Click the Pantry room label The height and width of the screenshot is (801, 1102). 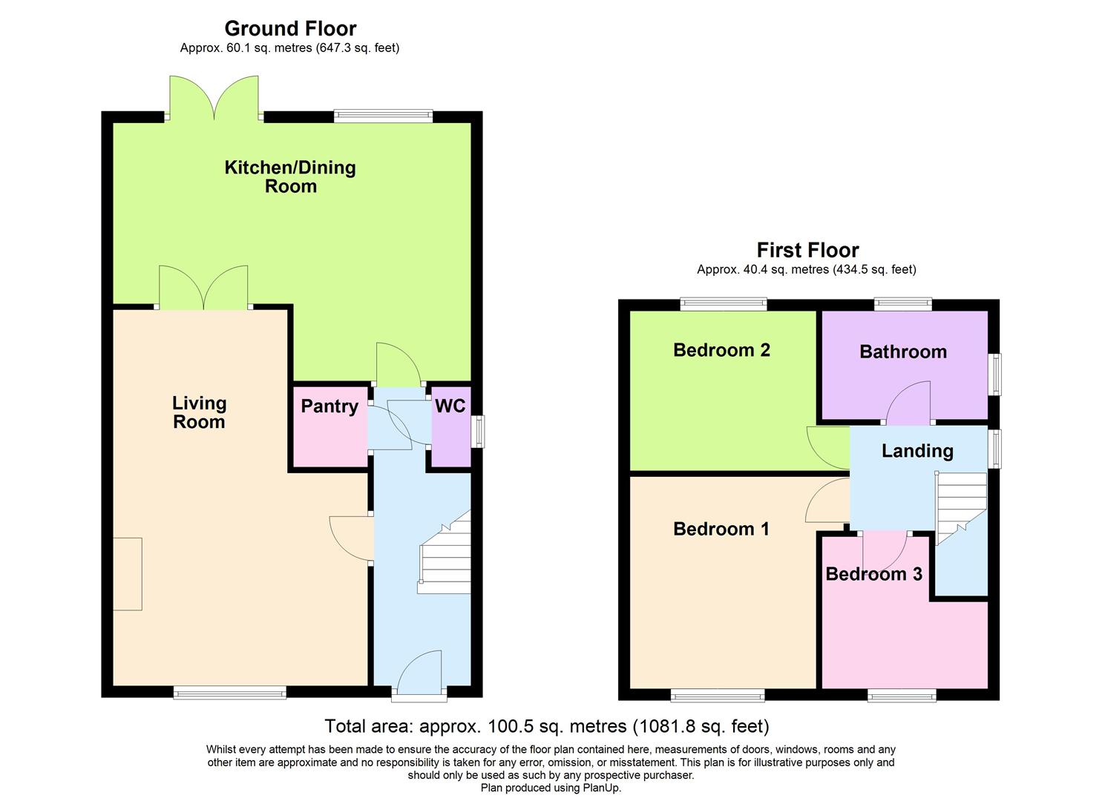(329, 406)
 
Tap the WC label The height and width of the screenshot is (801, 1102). (450, 406)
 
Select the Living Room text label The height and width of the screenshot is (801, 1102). (199, 412)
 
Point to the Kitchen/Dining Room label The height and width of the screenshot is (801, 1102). (290, 177)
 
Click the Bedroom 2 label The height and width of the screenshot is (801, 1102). (721, 350)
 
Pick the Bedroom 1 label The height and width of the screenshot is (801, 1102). (721, 529)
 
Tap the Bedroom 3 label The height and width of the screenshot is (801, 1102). (873, 574)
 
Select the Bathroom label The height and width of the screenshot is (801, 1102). (902, 352)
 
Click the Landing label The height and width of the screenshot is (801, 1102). (917, 451)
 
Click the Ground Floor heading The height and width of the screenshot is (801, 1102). (290, 28)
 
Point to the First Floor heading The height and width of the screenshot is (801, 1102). (807, 250)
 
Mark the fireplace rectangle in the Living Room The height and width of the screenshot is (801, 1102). (127, 574)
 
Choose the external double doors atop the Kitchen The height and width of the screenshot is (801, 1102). (214, 98)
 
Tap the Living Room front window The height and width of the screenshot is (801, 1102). (229, 693)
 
